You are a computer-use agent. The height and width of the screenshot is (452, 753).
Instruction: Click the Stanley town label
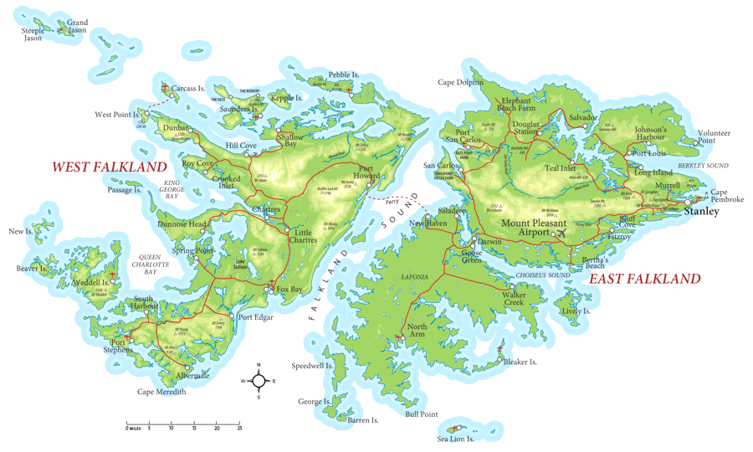coord(701,212)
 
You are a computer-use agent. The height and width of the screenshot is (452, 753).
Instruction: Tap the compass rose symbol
coord(259,381)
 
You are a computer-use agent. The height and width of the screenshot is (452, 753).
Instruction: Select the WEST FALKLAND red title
coord(110,167)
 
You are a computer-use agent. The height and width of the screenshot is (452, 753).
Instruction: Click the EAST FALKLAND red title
coord(645,279)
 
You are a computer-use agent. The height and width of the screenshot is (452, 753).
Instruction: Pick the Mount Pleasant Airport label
coord(534,228)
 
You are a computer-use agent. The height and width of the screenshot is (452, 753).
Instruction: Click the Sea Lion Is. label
coord(456,439)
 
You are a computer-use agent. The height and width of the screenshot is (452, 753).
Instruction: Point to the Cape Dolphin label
coord(460,82)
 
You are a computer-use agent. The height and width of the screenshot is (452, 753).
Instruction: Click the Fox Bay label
coord(289,290)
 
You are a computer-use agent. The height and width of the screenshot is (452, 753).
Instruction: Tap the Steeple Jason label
coord(33,34)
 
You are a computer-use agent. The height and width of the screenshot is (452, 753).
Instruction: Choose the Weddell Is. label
coord(90,284)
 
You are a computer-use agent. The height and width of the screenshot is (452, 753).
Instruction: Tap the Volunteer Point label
coord(714,137)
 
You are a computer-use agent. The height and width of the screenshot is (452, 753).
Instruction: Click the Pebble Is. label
coord(343,75)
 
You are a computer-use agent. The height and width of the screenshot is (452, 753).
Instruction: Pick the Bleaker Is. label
coord(520,362)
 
